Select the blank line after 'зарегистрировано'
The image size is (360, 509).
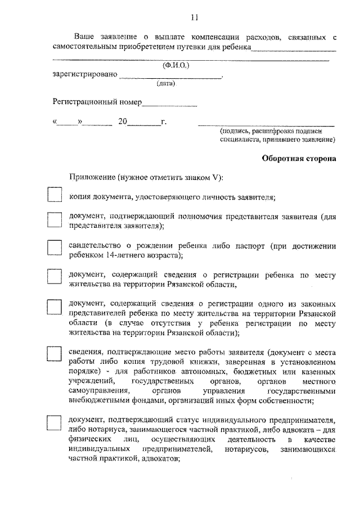pos(171,76)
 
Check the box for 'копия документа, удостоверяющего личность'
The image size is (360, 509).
pos(54,195)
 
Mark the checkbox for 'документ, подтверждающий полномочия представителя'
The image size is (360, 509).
pos(54,219)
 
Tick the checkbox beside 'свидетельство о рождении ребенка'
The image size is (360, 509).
pos(54,248)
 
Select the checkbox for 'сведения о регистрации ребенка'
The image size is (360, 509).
pos(54,277)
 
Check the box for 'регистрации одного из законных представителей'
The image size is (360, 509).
pos(54,307)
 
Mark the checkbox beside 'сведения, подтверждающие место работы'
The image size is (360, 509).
pos(54,353)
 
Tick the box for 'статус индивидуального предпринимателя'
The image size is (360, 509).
pos(54,423)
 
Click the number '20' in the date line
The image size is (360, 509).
pos(123,121)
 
